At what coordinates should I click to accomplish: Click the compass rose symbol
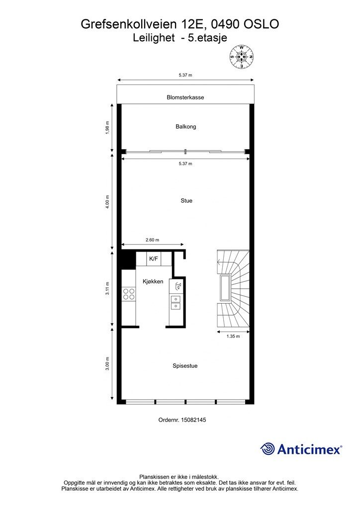242,57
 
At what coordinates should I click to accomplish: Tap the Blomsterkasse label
185,97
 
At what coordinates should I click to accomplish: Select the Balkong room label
185,127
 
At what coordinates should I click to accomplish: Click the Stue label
186,201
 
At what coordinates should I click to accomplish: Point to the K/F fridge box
154,258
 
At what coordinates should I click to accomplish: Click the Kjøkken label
153,281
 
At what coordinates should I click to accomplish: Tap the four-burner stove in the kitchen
129,294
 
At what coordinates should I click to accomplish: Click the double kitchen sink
176,302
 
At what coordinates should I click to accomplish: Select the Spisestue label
185,366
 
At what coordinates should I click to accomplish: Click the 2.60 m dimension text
152,240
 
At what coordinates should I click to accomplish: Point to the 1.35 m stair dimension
233,337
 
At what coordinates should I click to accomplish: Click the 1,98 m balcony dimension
107,128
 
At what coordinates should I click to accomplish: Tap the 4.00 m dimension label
107,202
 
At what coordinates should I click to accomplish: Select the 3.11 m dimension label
107,288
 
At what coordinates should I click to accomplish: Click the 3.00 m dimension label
107,363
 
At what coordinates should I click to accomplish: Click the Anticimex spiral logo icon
268,449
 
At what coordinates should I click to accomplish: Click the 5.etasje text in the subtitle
204,38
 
